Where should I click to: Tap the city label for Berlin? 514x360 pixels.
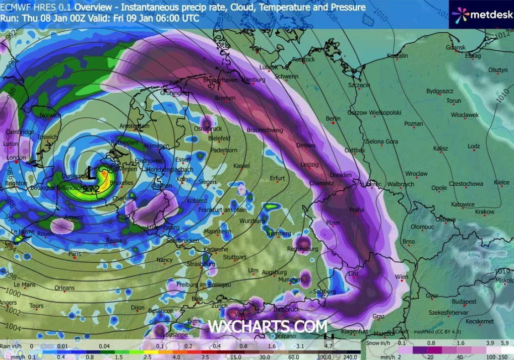pyautogui.click(x=333, y=119)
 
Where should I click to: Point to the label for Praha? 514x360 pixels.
pyautogui.click(x=356, y=209)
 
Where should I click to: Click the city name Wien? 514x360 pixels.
pyautogui.click(x=402, y=277)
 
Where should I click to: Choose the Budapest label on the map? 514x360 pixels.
pyautogui.click(x=464, y=302)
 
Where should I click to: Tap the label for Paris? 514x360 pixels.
pyautogui.click(x=75, y=254)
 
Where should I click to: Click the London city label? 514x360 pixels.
pyautogui.click(x=16, y=158)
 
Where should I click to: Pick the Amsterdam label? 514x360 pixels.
pyautogui.click(x=134, y=126)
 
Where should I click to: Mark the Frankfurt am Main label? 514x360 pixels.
pyautogui.click(x=222, y=209)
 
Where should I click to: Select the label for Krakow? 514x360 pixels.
pyautogui.click(x=485, y=212)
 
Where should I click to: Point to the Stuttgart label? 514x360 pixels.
pyautogui.click(x=234, y=257)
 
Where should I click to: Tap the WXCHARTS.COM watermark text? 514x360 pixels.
pyautogui.click(x=268, y=326)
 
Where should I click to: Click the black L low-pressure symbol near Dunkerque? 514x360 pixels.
pyautogui.click(x=90, y=173)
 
